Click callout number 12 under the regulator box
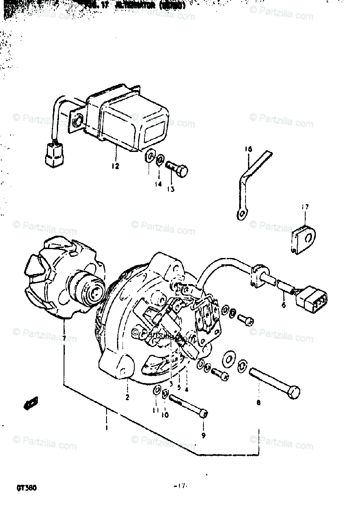(115, 166)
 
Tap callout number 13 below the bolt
(170, 190)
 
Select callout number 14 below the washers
(157, 184)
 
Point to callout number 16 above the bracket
(248, 149)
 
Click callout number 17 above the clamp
(305, 207)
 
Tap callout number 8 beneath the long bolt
(258, 402)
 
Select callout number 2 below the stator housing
(127, 397)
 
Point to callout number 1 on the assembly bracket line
(106, 428)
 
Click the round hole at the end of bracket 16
(241, 215)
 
